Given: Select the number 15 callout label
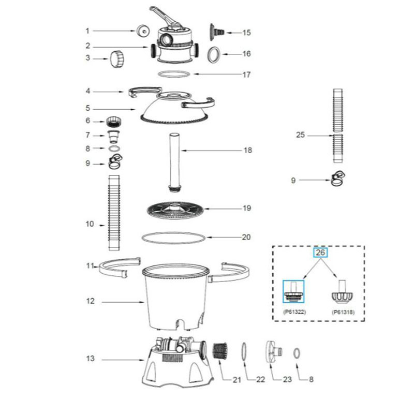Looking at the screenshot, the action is (x=246, y=33).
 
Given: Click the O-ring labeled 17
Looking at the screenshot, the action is (x=174, y=74).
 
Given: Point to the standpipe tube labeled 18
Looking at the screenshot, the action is (x=174, y=162).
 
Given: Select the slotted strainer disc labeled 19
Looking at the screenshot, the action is (x=175, y=211).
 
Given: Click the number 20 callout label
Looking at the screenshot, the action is (x=246, y=237).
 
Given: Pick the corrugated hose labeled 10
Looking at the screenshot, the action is (x=114, y=213).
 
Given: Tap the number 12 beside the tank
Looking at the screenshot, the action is (x=90, y=301).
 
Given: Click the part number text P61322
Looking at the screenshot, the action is (x=294, y=312).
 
